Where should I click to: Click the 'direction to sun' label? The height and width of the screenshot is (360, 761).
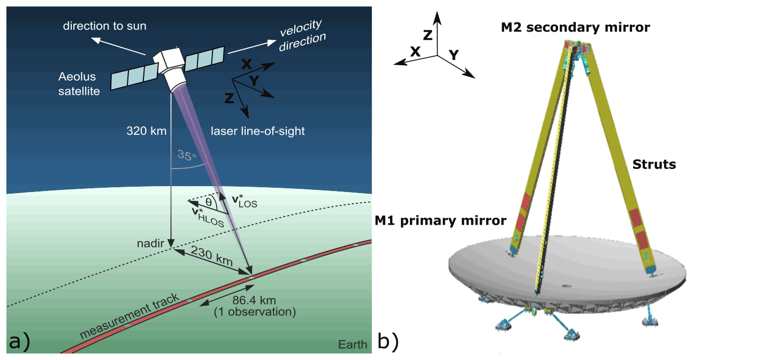[104, 25]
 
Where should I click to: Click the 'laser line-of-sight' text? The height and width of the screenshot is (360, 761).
[257, 130]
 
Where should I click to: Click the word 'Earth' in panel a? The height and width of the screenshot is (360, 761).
[352, 344]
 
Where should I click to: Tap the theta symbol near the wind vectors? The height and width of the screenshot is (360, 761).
[208, 202]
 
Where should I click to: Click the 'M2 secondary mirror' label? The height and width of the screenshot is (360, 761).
[575, 27]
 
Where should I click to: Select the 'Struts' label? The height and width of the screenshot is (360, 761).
[655, 164]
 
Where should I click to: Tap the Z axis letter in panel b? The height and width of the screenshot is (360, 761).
[428, 35]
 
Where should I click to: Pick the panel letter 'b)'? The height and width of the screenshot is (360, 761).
[388, 341]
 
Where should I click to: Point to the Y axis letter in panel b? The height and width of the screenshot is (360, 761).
[453, 54]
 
